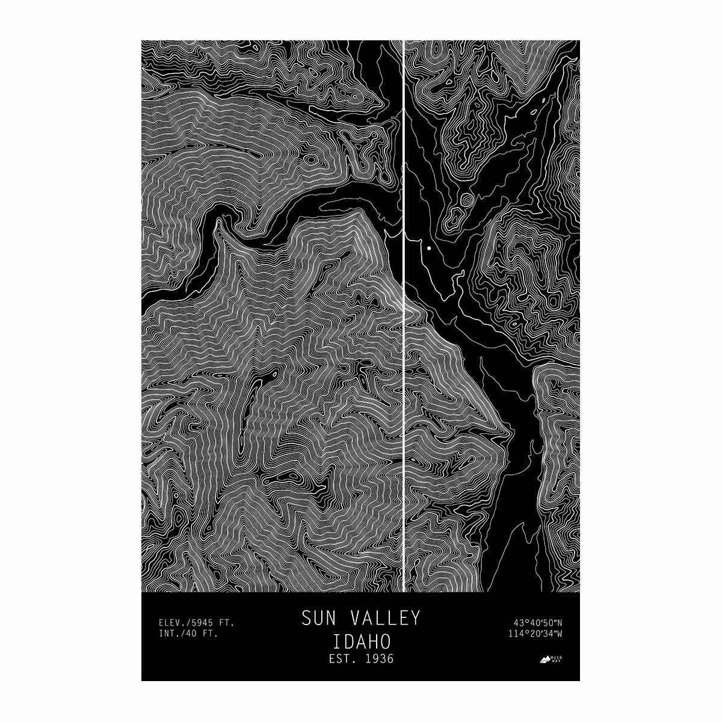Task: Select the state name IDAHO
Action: tap(360, 639)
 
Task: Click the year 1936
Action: tap(379, 659)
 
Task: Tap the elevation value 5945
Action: tap(206, 622)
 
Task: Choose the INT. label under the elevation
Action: tap(171, 633)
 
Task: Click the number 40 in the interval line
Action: tap(194, 633)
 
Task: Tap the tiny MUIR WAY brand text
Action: tap(558, 659)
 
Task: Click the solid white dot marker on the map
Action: tap(429, 248)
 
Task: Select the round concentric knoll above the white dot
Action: tap(466, 200)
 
